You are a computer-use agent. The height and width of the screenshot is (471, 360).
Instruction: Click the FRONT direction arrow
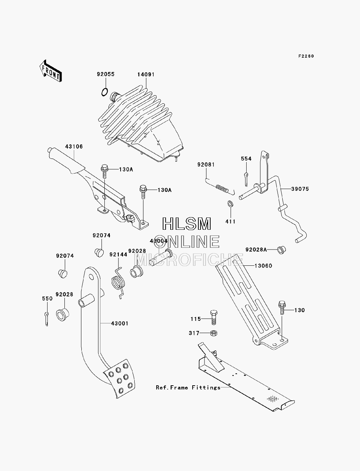point(50,71)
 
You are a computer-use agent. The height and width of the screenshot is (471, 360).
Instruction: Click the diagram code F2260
point(306,56)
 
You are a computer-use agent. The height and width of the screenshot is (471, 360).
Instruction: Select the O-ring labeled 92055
point(104,92)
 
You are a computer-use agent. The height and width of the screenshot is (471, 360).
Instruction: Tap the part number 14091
point(146,75)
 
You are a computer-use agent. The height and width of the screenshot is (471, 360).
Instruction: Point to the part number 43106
point(74,147)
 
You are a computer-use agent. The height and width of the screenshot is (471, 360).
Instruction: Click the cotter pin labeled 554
point(246,179)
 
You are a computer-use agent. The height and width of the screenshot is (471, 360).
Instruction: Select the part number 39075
point(300,189)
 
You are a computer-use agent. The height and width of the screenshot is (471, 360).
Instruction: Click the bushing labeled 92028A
point(282,250)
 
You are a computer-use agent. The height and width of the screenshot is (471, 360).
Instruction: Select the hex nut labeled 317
point(214,333)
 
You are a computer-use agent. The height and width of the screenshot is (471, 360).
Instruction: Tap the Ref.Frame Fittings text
point(188,387)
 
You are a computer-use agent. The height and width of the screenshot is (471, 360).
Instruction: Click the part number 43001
point(120,323)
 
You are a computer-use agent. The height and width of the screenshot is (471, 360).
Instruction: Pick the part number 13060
point(263,266)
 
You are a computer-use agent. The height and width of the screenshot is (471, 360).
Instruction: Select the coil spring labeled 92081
point(221,188)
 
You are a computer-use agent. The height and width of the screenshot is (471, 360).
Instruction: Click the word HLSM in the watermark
point(186,224)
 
